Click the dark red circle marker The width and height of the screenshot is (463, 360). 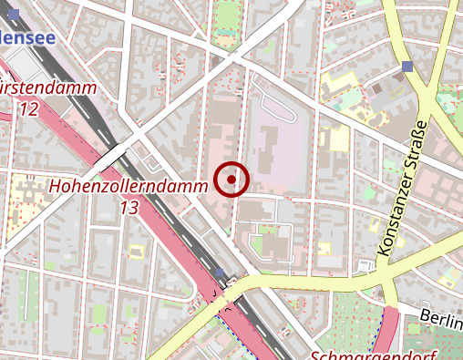232,180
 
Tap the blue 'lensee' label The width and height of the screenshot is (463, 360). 27,37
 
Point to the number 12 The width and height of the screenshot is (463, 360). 27,109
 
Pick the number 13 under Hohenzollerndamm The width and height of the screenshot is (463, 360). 129,208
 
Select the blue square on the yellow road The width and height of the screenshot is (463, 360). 406,67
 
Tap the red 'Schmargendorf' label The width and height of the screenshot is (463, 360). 374,353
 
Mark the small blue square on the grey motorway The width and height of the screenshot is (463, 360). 221,273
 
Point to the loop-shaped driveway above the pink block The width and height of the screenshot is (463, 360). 278,108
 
